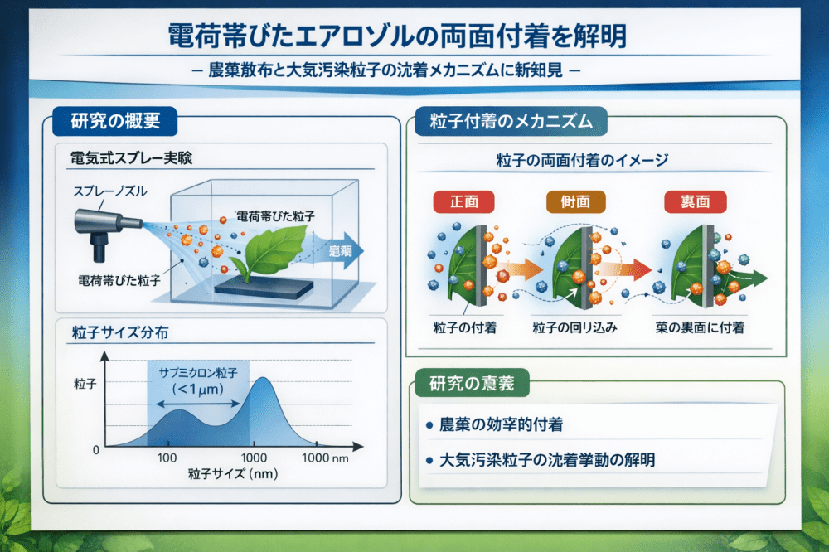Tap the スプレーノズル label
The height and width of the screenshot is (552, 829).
click(x=109, y=191)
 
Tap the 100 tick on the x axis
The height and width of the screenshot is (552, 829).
click(x=168, y=458)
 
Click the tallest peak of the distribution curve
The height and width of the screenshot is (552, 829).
click(x=262, y=380)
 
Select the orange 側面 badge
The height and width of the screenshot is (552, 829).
click(x=576, y=201)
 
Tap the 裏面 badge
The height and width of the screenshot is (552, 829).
click(x=694, y=201)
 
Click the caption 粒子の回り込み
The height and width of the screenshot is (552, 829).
click(x=576, y=327)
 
